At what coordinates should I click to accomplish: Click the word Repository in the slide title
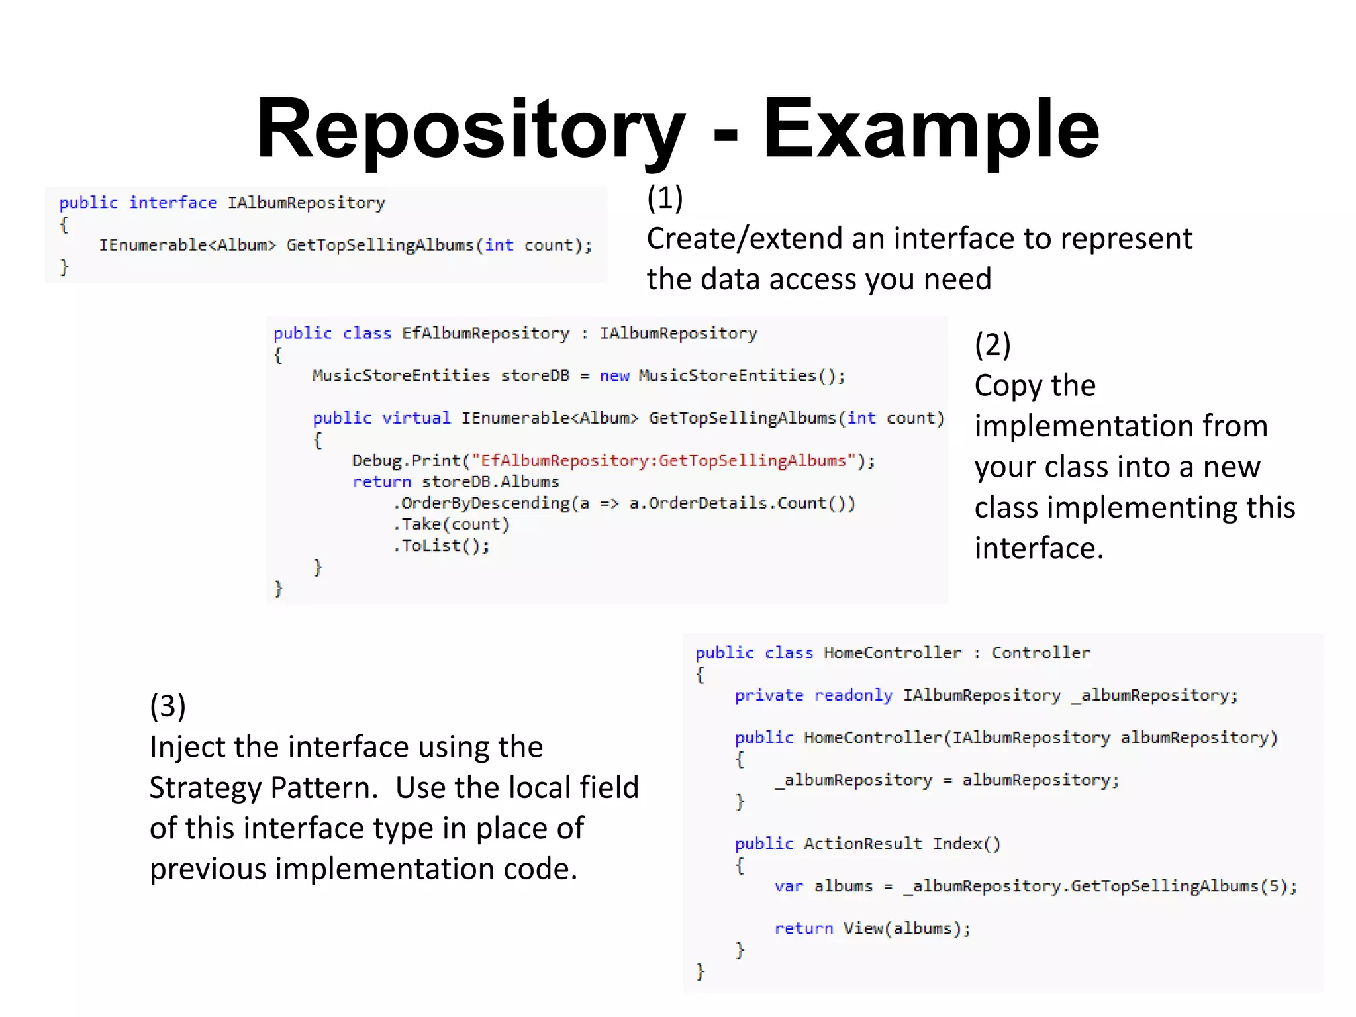[470, 129]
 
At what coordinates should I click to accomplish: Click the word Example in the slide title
[930, 129]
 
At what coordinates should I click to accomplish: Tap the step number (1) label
[665, 197]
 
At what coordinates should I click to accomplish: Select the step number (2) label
[993, 344]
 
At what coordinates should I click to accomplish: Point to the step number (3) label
[168, 706]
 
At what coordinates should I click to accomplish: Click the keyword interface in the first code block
[173, 203]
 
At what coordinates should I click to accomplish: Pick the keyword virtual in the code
[416, 418]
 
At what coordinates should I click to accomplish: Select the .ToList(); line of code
[442, 546]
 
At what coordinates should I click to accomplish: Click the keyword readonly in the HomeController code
[853, 695]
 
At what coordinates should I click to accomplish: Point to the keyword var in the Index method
[789, 886]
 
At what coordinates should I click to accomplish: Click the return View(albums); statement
[873, 928]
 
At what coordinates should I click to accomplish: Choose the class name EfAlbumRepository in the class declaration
[485, 333]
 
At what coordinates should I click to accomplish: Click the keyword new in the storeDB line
[614, 376]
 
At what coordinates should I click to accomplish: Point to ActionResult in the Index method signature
[862, 844]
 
